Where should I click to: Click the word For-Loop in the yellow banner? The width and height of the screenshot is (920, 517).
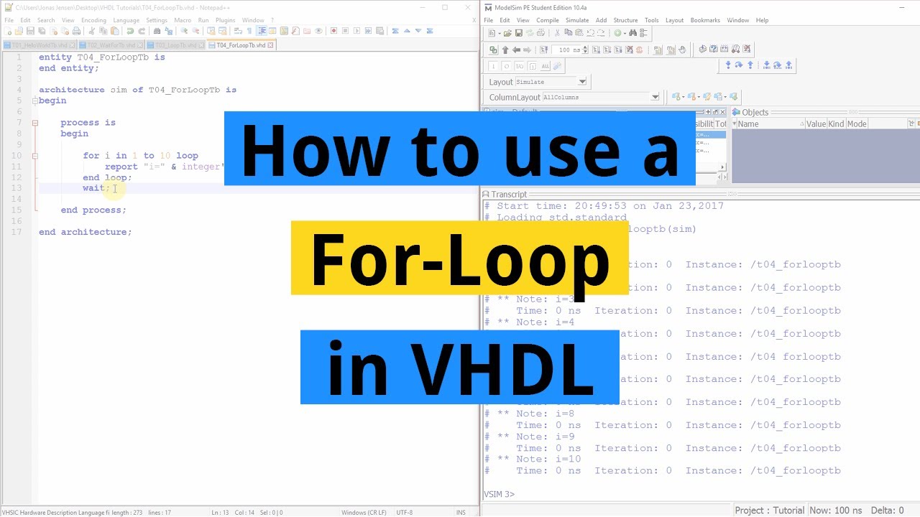(460, 258)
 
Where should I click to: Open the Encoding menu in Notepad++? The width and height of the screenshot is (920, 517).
(93, 20)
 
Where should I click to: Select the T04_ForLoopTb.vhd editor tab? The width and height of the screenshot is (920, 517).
(241, 45)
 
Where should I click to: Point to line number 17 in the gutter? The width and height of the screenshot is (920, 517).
(17, 232)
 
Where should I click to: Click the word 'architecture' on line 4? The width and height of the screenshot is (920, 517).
(72, 90)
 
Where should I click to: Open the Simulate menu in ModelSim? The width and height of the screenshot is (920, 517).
(576, 20)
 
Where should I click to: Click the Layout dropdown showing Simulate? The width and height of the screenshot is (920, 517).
(551, 82)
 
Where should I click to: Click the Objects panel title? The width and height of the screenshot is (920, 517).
(755, 112)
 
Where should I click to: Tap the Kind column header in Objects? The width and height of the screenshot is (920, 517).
(836, 124)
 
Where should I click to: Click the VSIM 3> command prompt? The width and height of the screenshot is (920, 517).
(500, 494)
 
